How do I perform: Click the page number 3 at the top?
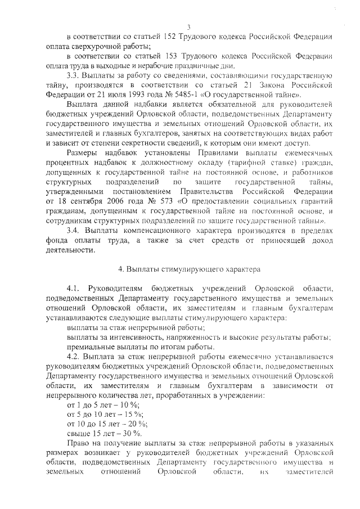189,26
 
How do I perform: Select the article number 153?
170,57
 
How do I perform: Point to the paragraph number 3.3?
73,76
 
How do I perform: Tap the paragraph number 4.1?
74,289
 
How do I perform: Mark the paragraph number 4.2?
74,357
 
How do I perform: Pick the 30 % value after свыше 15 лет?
132,434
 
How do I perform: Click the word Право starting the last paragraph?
78,443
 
